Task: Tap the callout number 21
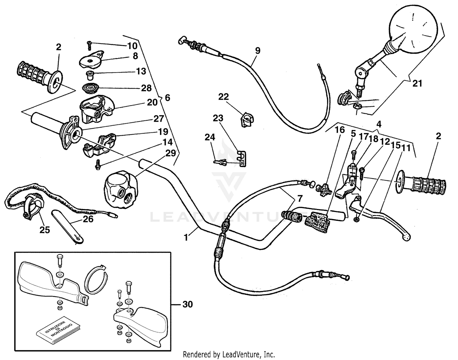417,83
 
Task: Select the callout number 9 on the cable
258,51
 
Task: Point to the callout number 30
188,304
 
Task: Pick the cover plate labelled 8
91,60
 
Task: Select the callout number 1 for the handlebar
186,237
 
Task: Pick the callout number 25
45,230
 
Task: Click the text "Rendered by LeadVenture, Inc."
229,355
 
